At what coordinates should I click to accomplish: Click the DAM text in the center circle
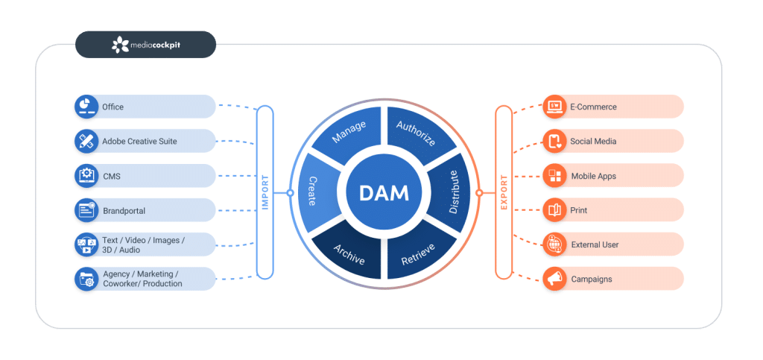384,193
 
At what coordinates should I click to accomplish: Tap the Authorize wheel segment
417,133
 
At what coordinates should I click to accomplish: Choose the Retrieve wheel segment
417,252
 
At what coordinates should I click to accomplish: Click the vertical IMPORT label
265,192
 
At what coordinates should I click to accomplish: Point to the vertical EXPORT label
504,192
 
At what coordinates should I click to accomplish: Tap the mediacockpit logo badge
145,45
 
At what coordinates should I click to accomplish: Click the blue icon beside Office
86,107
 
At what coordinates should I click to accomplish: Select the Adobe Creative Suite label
139,141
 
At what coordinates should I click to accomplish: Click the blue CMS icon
86,176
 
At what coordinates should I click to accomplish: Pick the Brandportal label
124,211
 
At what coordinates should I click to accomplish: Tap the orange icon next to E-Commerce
554,107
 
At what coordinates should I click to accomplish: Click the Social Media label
593,141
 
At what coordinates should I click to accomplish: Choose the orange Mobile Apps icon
554,176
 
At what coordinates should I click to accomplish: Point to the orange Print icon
554,210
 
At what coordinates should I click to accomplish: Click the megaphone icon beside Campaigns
554,279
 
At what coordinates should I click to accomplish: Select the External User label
595,244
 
